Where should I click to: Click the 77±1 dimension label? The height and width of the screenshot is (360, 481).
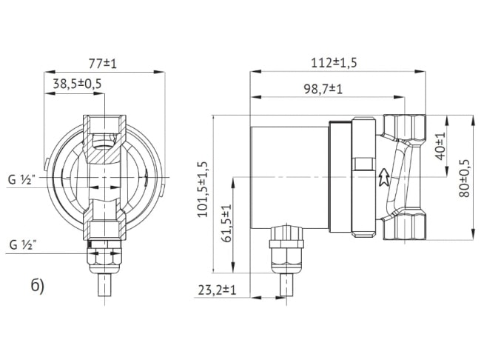[104, 64]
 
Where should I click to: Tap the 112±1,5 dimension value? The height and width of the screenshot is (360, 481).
[334, 63]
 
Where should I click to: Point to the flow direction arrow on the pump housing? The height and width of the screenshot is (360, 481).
[383, 178]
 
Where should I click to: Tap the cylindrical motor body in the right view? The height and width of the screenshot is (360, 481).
[289, 178]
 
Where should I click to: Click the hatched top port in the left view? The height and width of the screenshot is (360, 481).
[104, 137]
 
